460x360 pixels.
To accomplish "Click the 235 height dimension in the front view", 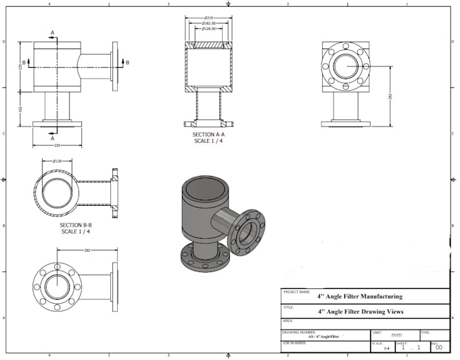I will coord(20,67).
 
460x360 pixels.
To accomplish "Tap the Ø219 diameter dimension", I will coord(208,17).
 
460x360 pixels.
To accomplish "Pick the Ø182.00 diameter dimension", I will coord(208,23).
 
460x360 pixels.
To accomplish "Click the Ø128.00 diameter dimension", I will coord(208,29).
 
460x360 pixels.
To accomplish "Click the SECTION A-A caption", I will coord(209,135).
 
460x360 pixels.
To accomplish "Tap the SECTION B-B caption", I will coord(75,225).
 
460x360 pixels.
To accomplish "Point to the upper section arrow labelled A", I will coord(53,32).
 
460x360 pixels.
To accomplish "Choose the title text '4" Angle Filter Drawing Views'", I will coord(360,312).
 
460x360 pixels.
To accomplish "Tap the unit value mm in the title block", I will coord(396,335).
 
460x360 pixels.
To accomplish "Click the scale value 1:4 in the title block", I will coord(386,348).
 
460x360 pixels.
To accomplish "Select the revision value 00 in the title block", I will coord(438,348).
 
